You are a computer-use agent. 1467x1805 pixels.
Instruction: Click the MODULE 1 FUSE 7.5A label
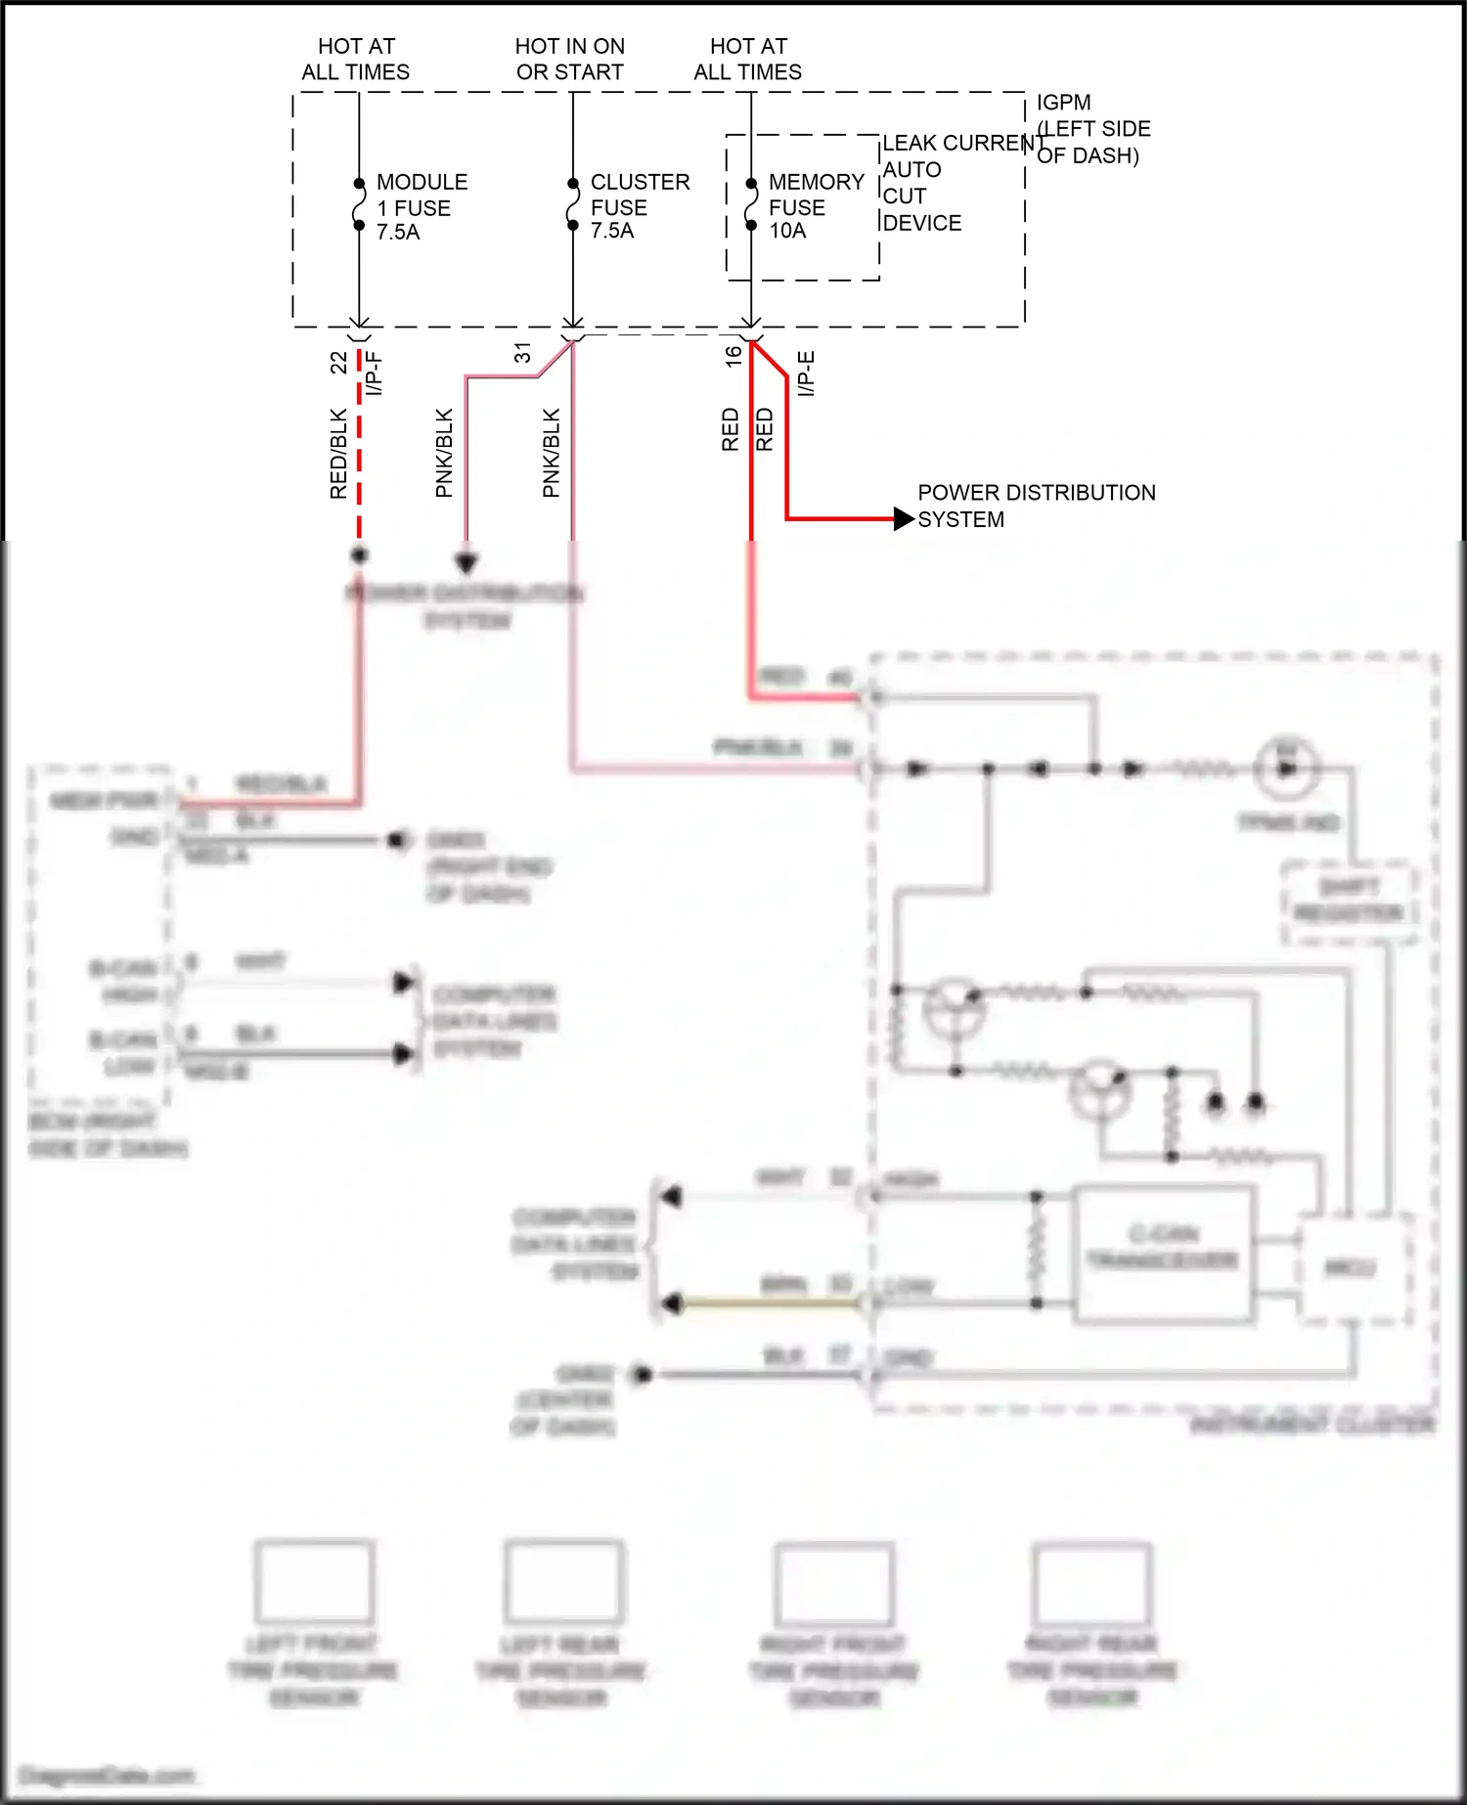pos(421,207)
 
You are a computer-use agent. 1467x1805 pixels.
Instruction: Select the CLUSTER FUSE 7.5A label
pos(639,206)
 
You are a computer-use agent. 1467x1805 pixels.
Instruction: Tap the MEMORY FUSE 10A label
pos(816,206)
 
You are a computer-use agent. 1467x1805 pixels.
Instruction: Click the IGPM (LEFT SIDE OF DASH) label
pos(1092,128)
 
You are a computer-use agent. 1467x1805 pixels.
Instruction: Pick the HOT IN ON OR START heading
pos(569,59)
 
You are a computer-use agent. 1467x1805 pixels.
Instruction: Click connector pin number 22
pos(338,362)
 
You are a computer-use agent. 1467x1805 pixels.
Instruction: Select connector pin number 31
pos(522,353)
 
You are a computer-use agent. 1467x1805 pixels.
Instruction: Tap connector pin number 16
pos(733,357)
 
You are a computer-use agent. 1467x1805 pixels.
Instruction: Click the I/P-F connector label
pos(374,374)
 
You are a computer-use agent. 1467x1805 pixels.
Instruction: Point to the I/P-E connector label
pos(806,374)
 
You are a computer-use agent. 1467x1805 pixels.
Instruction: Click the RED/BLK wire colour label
pos(338,454)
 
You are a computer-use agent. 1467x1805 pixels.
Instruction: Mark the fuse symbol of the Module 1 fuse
pos(359,205)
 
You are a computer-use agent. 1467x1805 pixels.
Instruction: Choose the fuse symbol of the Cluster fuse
pos(573,205)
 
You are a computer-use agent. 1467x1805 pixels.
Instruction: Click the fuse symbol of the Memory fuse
pos(751,205)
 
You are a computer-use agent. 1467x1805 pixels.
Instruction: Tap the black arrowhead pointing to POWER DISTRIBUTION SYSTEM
pos(904,518)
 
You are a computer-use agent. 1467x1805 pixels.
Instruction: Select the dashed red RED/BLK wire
pos(359,450)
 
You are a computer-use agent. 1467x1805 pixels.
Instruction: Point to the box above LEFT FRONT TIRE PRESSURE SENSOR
pos(314,1581)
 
